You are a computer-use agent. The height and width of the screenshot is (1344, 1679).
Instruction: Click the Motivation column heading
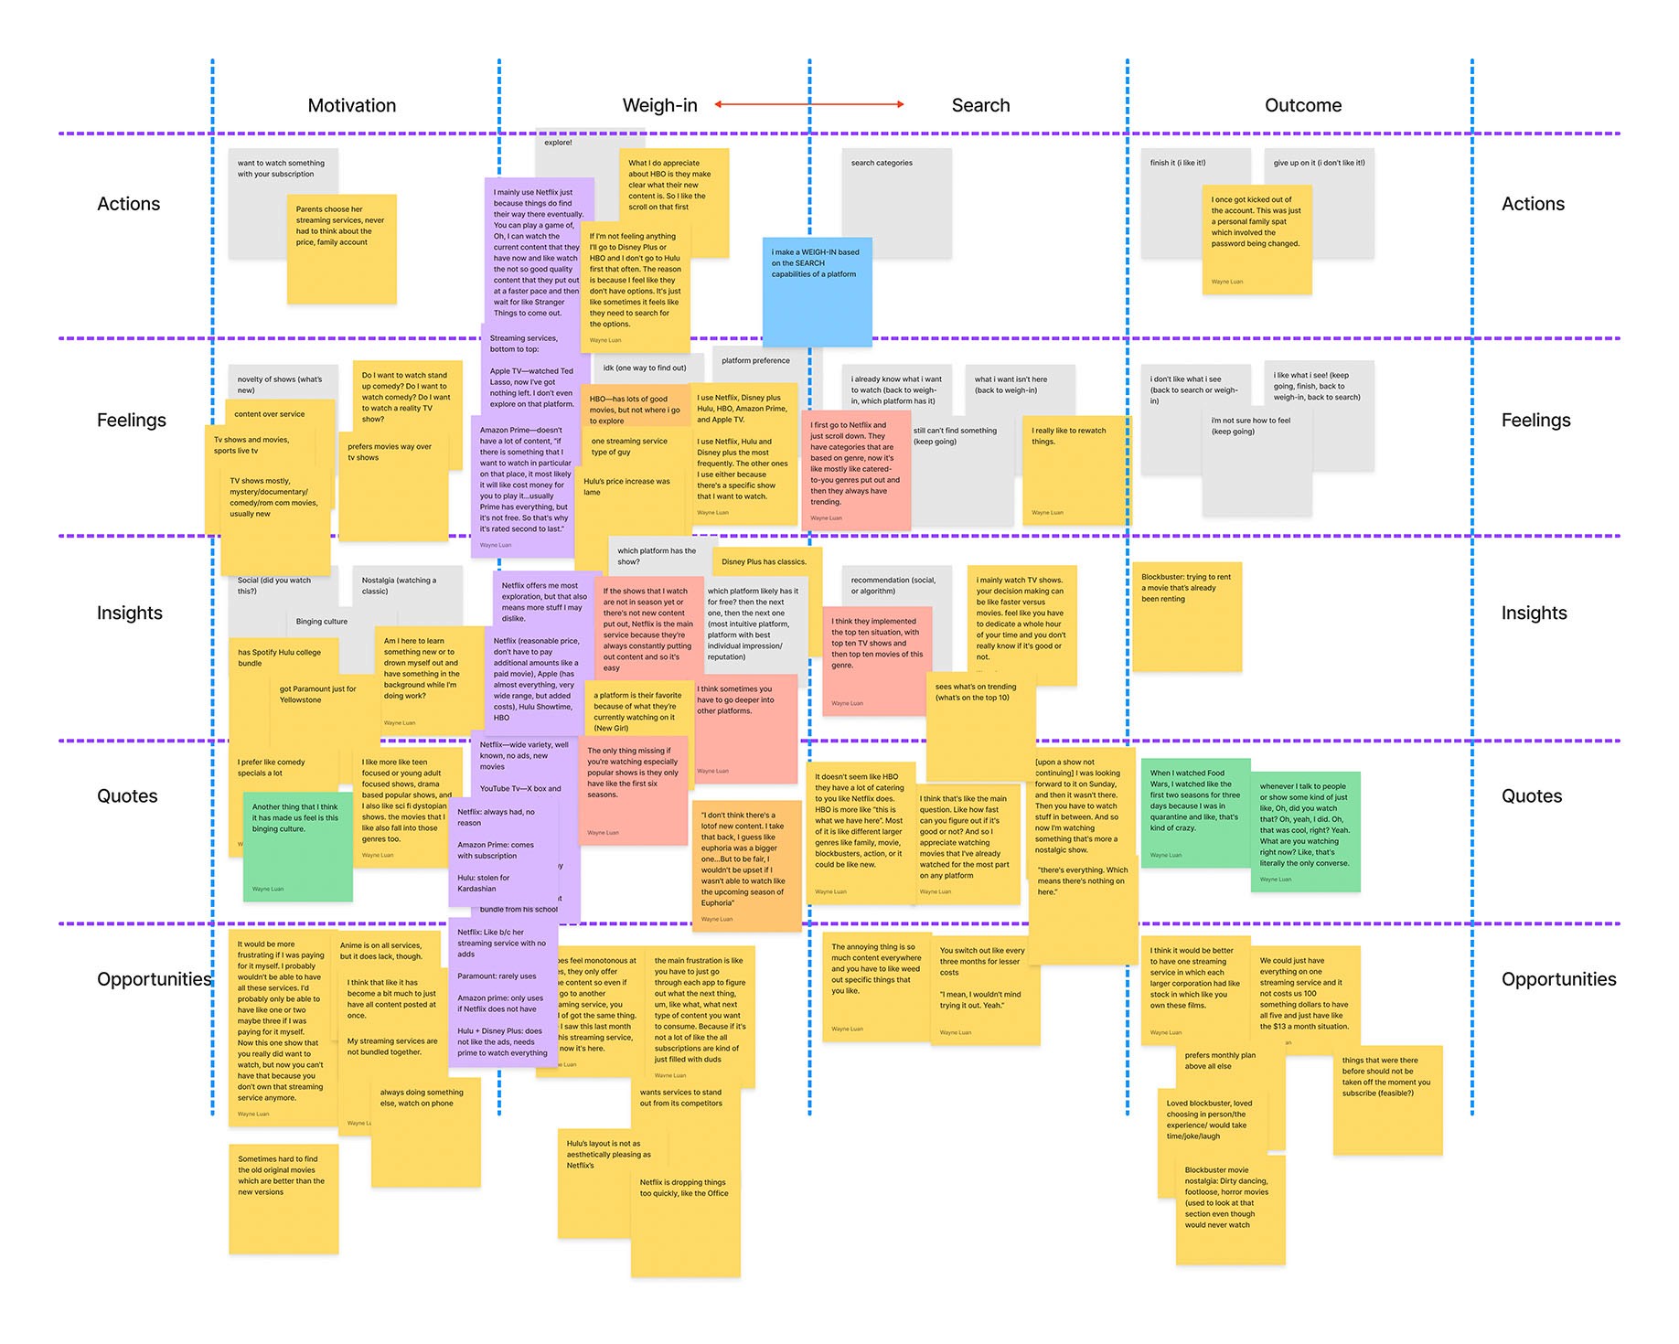tap(352, 105)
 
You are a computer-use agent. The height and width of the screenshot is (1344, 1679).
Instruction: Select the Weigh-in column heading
tap(659, 105)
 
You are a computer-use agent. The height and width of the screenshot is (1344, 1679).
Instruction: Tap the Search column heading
tap(980, 105)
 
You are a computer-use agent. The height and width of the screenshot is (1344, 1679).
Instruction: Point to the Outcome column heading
tap(1303, 105)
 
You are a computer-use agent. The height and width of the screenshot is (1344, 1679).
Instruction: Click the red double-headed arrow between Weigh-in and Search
tap(809, 104)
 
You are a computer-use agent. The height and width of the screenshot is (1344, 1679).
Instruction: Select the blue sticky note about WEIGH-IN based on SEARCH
tap(817, 292)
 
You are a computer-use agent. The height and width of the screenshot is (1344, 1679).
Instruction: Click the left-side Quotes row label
tap(127, 796)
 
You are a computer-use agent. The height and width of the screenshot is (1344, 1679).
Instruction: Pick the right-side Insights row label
tap(1534, 613)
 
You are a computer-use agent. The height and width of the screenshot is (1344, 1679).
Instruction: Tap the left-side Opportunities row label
tap(154, 979)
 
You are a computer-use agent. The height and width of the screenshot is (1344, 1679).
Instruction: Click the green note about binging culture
tap(297, 847)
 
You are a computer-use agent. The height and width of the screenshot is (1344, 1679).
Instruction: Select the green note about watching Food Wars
tap(1195, 813)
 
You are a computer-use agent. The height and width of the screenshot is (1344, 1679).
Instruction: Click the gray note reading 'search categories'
tap(896, 202)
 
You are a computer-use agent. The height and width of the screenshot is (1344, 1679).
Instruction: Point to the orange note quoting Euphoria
tap(746, 864)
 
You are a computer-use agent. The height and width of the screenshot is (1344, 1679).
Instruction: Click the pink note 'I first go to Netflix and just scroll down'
tap(856, 471)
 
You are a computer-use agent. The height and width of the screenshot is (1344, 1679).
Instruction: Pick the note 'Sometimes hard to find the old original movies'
tap(283, 1199)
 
